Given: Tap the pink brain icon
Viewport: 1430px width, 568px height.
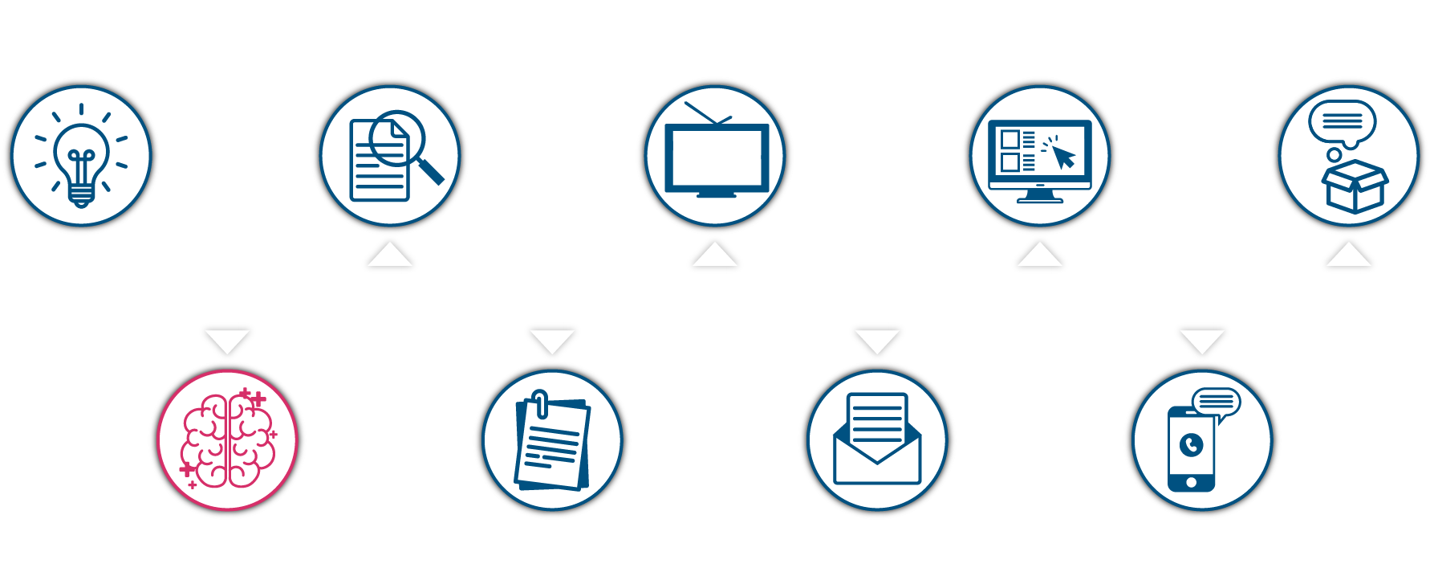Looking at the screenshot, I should [x=228, y=440].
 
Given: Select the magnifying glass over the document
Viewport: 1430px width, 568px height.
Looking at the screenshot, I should [x=399, y=137].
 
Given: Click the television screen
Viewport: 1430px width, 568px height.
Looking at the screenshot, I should [x=717, y=157].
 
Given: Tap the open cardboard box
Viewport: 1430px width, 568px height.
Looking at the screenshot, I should [x=1355, y=186].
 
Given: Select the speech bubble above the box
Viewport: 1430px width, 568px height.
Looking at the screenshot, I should [x=1342, y=122].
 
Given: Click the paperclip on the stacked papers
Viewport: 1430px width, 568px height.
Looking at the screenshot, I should [x=541, y=404].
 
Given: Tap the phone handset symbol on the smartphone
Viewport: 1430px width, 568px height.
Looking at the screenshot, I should [x=1192, y=444].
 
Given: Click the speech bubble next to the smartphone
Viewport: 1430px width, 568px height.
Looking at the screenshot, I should [x=1217, y=402].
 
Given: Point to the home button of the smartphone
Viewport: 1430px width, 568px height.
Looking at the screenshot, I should [x=1191, y=482].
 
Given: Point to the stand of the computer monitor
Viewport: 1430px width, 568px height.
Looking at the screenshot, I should [x=1040, y=197].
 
